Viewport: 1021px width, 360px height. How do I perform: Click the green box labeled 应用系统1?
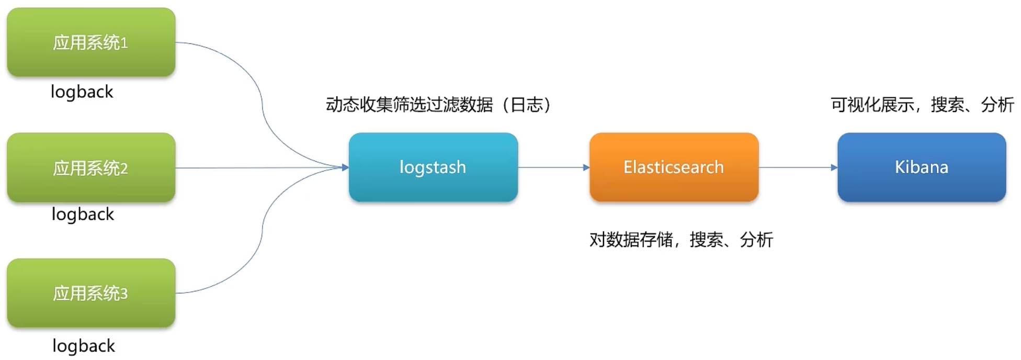(x=91, y=42)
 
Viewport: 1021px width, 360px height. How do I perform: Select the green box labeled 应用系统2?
(x=91, y=167)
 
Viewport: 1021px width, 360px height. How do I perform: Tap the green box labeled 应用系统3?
(x=91, y=293)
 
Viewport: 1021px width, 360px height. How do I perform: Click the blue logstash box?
(x=433, y=167)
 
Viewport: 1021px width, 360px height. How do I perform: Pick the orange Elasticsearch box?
(x=674, y=167)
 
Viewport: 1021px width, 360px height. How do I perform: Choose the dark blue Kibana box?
(x=922, y=167)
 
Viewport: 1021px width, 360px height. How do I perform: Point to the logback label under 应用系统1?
(x=82, y=92)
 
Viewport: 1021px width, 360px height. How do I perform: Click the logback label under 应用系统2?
(x=83, y=215)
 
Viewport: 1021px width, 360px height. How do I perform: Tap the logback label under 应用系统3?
(x=84, y=346)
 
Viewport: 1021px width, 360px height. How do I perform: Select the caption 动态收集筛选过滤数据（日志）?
(x=438, y=105)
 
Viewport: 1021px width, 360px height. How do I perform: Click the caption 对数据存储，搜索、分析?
(x=681, y=240)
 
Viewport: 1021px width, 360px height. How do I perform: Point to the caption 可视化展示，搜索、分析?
(x=922, y=105)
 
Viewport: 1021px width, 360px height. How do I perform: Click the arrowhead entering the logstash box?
(x=345, y=167)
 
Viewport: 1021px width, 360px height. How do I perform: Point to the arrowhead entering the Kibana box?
(x=834, y=167)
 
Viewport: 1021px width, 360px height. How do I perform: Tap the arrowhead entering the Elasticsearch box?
(x=586, y=167)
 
